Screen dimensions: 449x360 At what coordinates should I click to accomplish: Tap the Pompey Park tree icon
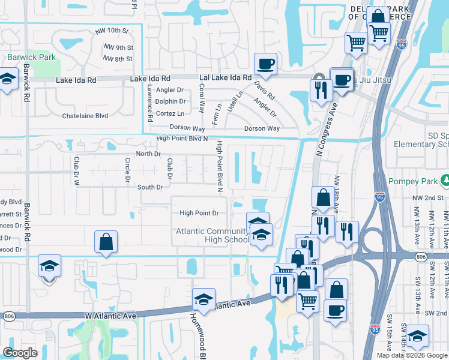click(x=445, y=180)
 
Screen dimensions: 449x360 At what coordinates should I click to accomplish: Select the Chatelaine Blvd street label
click(x=85, y=115)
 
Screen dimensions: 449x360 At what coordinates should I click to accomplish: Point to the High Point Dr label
click(x=199, y=213)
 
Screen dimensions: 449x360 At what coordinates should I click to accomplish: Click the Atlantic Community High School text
click(x=212, y=236)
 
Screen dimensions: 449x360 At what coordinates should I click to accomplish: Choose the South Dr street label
click(x=150, y=187)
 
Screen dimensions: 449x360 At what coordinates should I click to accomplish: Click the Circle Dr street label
click(x=127, y=170)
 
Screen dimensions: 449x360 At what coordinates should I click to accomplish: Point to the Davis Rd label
click(x=264, y=91)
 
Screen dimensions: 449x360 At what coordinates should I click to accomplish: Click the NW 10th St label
click(x=112, y=31)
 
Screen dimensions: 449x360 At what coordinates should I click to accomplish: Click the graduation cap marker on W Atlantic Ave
click(x=203, y=299)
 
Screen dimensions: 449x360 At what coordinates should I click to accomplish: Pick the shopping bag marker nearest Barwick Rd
click(x=106, y=243)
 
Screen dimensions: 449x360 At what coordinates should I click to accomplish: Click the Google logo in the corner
click(x=20, y=353)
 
